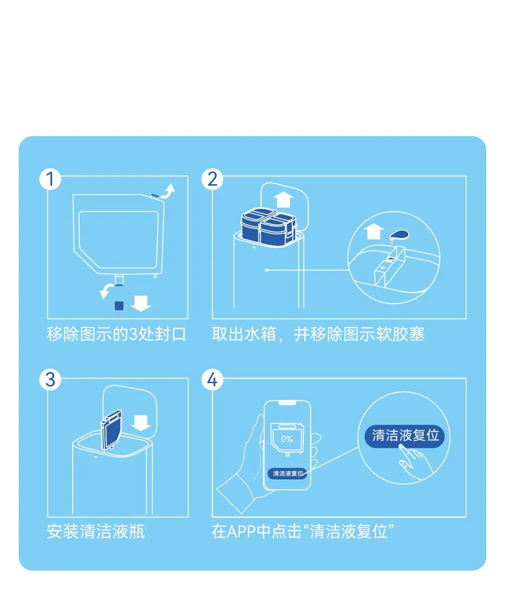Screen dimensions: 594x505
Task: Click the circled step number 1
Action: coord(50,179)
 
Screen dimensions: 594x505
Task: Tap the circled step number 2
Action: coord(212,179)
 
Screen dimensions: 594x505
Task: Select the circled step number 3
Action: coord(50,379)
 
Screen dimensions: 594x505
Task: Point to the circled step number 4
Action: coord(212,379)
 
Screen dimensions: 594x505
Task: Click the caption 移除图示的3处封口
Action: coord(116,334)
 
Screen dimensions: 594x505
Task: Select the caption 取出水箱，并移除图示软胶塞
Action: coord(318,334)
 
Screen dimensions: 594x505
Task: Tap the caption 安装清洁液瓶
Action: coord(96,532)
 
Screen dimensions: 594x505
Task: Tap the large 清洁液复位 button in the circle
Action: coord(405,436)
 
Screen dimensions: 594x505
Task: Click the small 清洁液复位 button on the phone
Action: coord(288,473)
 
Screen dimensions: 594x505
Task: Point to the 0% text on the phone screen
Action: coord(287,439)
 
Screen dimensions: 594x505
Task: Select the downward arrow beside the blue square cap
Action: coord(141,303)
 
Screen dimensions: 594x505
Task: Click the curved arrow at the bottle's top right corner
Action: coord(168,191)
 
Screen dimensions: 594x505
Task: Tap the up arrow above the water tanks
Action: coord(283,199)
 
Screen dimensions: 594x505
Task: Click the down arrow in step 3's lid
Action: coord(140,422)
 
